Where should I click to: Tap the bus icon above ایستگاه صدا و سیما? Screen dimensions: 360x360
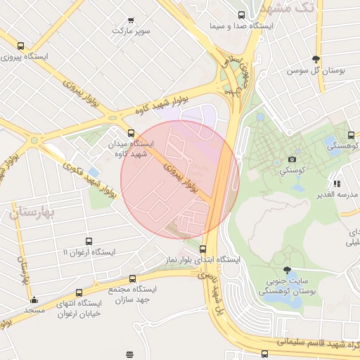pos(242,15)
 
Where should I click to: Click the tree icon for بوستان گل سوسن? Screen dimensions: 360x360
pos(316,59)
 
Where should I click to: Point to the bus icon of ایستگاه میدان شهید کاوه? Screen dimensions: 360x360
pos(130,132)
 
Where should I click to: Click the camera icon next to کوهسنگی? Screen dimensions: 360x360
pos(292,160)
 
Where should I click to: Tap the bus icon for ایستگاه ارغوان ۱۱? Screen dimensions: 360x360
pos(88,241)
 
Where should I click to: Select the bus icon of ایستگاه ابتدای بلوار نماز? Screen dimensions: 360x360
pos(203,248)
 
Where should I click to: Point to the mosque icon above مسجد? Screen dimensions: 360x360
pos(32,299)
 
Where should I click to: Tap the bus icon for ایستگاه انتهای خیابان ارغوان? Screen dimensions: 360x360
pos(78,292)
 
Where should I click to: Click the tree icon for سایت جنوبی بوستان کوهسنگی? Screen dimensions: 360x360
pos(286,270)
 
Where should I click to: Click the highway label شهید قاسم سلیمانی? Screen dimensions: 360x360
pos(323,343)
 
